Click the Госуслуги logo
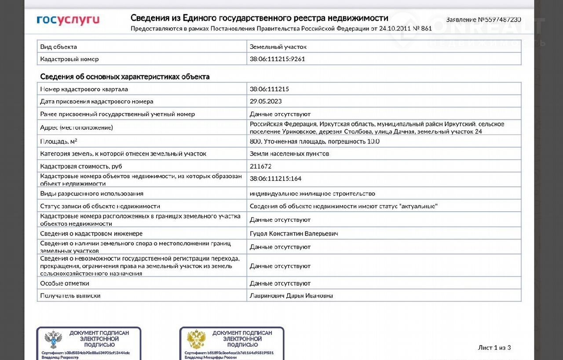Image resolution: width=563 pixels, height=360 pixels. [68, 20]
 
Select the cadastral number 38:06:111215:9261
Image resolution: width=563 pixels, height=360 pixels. [277, 59]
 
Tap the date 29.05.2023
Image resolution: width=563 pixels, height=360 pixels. [266, 101]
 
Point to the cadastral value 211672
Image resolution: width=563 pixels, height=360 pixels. [261, 166]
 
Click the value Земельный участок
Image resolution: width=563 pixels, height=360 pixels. [278, 47]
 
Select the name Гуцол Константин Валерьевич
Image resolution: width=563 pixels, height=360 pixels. [294, 234]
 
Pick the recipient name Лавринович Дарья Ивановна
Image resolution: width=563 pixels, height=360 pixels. [291, 296]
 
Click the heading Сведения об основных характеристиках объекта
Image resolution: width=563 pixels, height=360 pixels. [125, 77]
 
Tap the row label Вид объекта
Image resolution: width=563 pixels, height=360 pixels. [58, 47]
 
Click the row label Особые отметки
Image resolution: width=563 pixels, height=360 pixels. [65, 283]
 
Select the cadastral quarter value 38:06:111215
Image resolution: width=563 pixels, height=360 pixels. [269, 89]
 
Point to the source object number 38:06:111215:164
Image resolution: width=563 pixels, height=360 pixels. [275, 179]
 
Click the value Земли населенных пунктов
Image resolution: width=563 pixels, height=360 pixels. [289, 154]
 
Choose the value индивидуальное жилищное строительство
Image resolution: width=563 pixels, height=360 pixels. [312, 194]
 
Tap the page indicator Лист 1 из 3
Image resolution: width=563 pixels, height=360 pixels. [494, 348]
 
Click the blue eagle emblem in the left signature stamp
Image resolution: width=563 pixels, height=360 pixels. [53, 339]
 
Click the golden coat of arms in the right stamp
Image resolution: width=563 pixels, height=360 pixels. [196, 339]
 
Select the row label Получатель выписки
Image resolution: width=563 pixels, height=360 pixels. [70, 296]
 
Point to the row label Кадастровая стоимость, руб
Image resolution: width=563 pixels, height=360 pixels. [81, 166]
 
